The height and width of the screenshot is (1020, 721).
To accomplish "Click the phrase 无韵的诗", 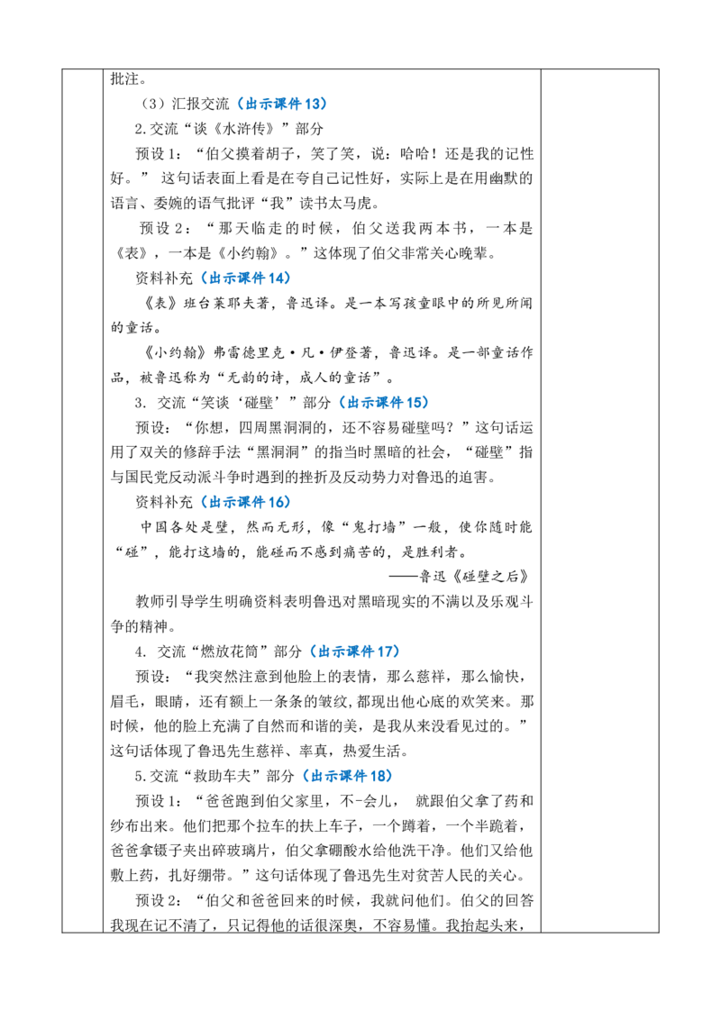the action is coord(255,378).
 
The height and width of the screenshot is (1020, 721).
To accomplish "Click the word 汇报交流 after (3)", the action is coord(200,104).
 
